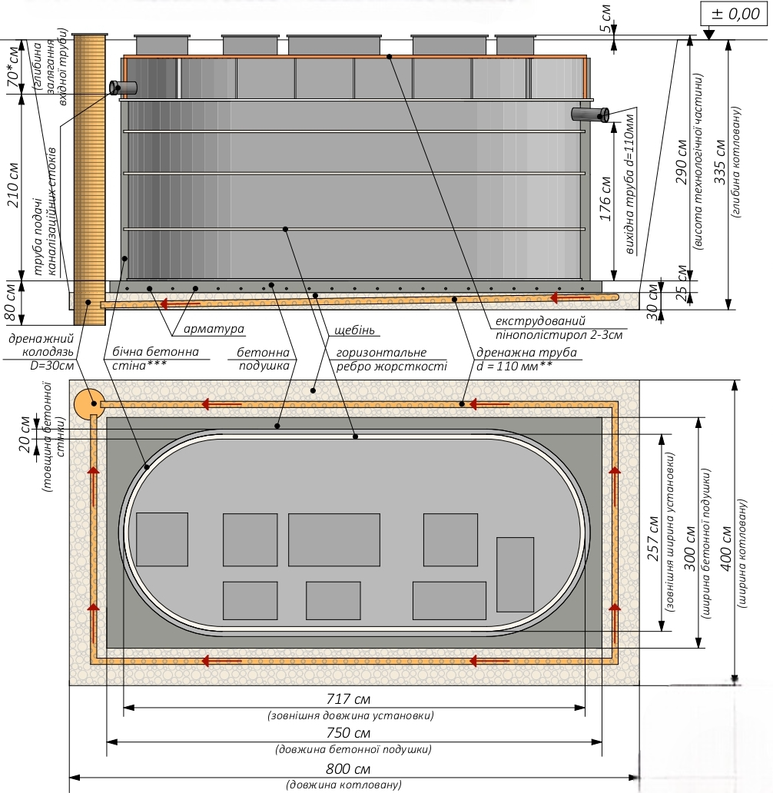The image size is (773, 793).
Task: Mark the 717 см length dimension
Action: coord(348,699)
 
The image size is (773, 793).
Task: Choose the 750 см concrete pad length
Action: coord(349,732)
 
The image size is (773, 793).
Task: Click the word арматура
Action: coord(214,330)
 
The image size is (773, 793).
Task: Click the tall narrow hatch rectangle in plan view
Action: coord(515,574)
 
